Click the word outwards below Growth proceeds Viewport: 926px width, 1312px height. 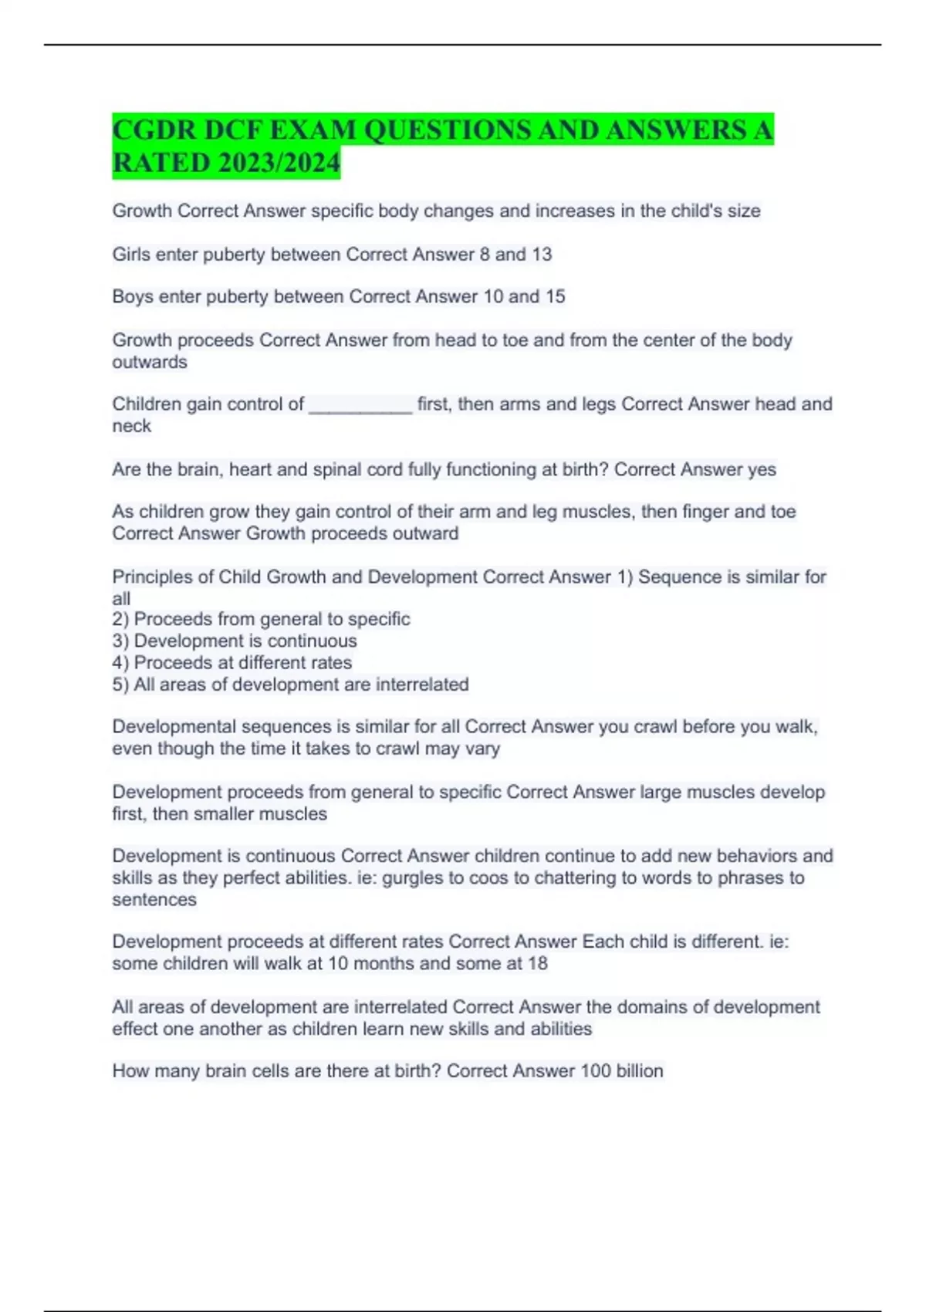(150, 362)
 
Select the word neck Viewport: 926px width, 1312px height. (131, 426)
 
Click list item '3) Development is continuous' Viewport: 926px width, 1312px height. (235, 641)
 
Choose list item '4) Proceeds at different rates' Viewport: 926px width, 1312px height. (231, 662)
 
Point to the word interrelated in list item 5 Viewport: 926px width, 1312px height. (422, 685)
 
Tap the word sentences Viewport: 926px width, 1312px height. (154, 899)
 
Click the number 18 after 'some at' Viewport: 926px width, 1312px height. (538, 963)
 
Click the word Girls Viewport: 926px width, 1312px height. (131, 254)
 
